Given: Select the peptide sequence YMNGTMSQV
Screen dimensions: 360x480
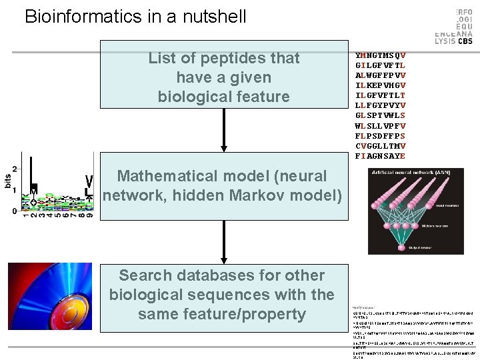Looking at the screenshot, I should click(x=381, y=55).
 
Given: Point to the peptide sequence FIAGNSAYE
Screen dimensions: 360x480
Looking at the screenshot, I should click(x=381, y=156).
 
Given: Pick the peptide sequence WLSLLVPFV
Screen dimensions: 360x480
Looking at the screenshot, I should click(x=381, y=125).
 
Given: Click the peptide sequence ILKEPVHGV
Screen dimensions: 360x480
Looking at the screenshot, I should click(x=381, y=85).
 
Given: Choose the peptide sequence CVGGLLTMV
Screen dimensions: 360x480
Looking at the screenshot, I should click(x=381, y=146).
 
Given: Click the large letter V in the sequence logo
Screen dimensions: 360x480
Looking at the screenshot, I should click(x=89, y=181).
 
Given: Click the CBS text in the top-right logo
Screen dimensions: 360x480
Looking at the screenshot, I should click(x=466, y=41).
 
